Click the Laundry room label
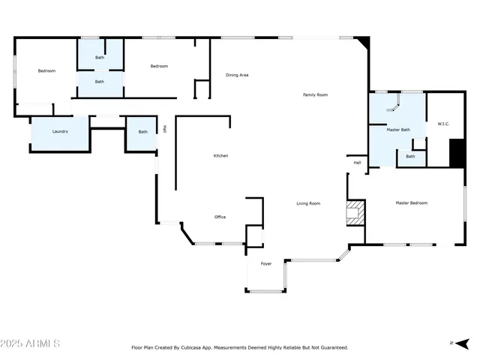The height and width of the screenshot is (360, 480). tap(60, 131)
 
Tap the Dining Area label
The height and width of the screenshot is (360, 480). tap(238, 75)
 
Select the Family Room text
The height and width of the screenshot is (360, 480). tap(315, 94)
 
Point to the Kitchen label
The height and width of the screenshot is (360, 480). tap(220, 155)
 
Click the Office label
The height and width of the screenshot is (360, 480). tap(220, 217)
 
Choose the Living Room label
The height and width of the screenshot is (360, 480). tap(308, 203)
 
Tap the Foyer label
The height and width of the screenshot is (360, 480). tap(266, 264)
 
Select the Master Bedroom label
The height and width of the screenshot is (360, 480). tap(412, 203)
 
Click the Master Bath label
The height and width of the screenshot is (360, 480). tap(398, 130)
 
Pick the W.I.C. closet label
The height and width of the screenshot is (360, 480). tap(442, 124)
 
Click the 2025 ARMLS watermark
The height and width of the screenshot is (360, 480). tap(31, 343)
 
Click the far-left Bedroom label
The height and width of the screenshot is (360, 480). tap(46, 70)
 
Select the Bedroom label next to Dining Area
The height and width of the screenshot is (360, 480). tap(159, 66)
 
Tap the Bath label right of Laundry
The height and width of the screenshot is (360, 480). tap(142, 132)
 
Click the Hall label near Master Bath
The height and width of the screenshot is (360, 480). tap(358, 162)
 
